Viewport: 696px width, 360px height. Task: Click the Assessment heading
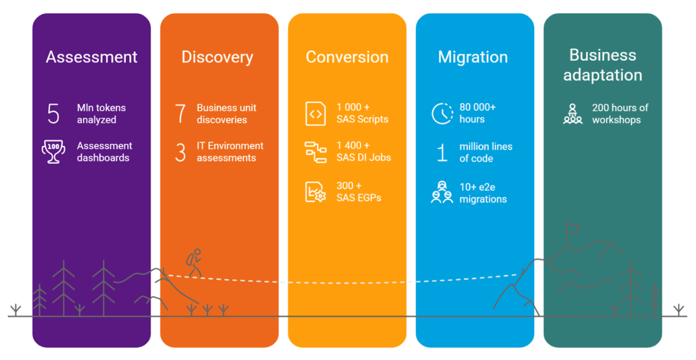(x=92, y=57)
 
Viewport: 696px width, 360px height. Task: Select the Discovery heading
(x=217, y=57)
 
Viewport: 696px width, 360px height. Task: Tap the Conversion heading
(x=347, y=57)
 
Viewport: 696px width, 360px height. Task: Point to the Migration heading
(x=473, y=57)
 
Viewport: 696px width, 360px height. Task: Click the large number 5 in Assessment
(x=53, y=114)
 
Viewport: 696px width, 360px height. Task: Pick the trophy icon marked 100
(x=53, y=152)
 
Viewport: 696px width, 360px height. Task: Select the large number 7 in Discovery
(x=180, y=114)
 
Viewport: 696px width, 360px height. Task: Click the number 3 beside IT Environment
(x=180, y=153)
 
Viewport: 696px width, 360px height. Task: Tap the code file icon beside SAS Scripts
(x=315, y=114)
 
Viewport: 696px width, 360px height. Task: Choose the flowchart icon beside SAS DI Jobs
(x=315, y=152)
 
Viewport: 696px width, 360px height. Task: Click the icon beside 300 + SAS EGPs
(x=315, y=191)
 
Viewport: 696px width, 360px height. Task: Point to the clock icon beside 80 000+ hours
(x=442, y=114)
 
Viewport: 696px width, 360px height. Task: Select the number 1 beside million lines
(x=442, y=153)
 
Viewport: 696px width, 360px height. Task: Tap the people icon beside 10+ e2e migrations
(x=442, y=192)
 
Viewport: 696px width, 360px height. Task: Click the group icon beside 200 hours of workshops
(x=573, y=114)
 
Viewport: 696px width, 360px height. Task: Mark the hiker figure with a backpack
(x=193, y=263)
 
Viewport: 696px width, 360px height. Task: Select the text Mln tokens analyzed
(x=102, y=114)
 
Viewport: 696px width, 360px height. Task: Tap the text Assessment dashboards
(x=105, y=152)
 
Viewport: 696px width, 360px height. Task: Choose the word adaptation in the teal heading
(x=603, y=75)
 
